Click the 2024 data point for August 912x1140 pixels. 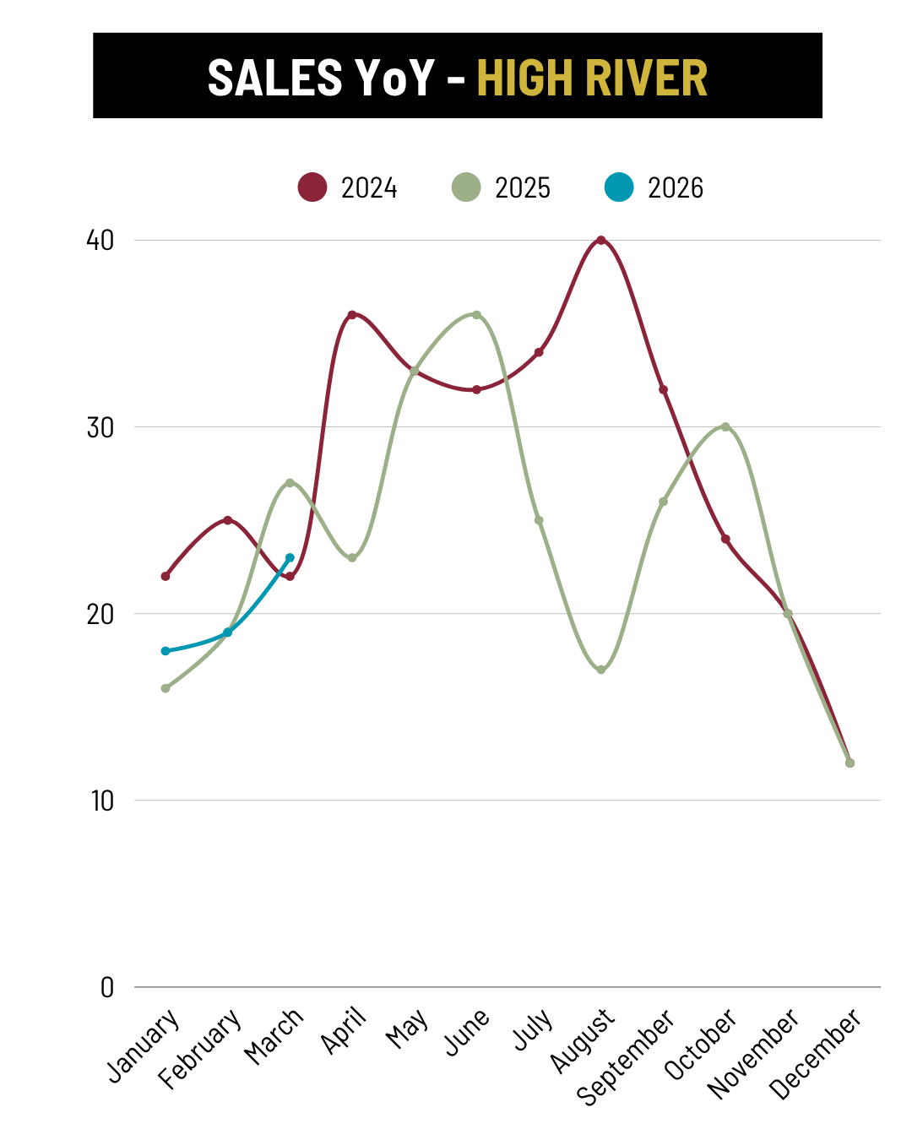click(601, 241)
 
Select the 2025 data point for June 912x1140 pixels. click(476, 315)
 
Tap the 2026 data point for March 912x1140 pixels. click(290, 558)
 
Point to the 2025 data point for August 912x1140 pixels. click(601, 670)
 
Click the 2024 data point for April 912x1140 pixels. click(352, 315)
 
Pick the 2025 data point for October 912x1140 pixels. click(725, 427)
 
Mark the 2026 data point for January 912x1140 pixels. click(166, 651)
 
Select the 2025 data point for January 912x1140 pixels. click(166, 688)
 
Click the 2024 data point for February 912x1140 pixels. click(227, 520)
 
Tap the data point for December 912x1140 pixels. click(850, 763)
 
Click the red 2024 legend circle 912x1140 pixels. click(312, 187)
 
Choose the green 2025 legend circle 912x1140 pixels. click(466, 187)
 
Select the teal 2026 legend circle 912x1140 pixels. click(619, 187)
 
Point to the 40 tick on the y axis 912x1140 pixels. click(100, 241)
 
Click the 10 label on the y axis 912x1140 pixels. click(102, 801)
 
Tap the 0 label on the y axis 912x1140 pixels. click(107, 987)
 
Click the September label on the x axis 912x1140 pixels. click(626, 1056)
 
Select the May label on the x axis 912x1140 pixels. click(407, 1029)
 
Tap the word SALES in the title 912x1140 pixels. click(275, 78)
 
